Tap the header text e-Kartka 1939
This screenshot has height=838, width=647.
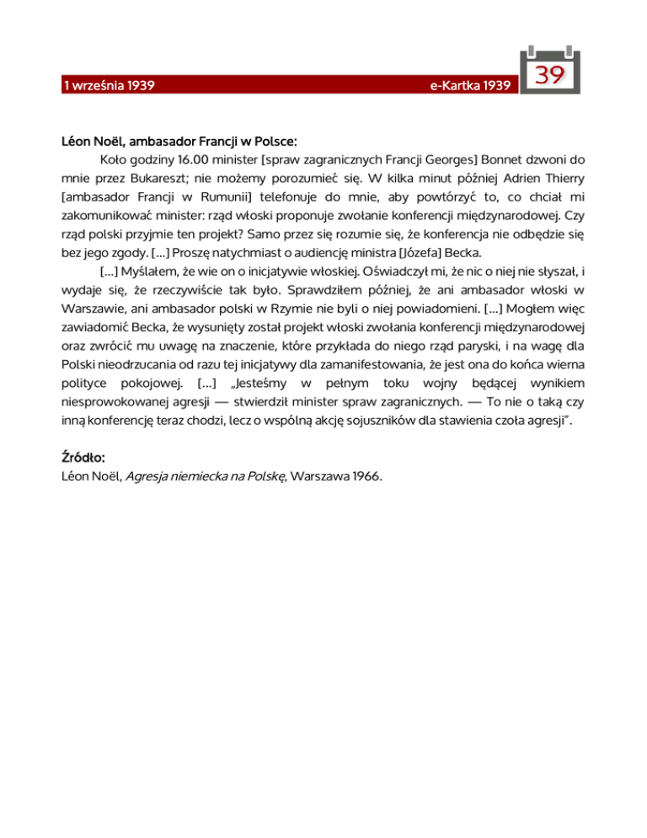(458, 86)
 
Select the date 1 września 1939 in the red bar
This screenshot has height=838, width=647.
(105, 86)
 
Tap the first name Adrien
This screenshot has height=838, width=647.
(504, 179)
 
